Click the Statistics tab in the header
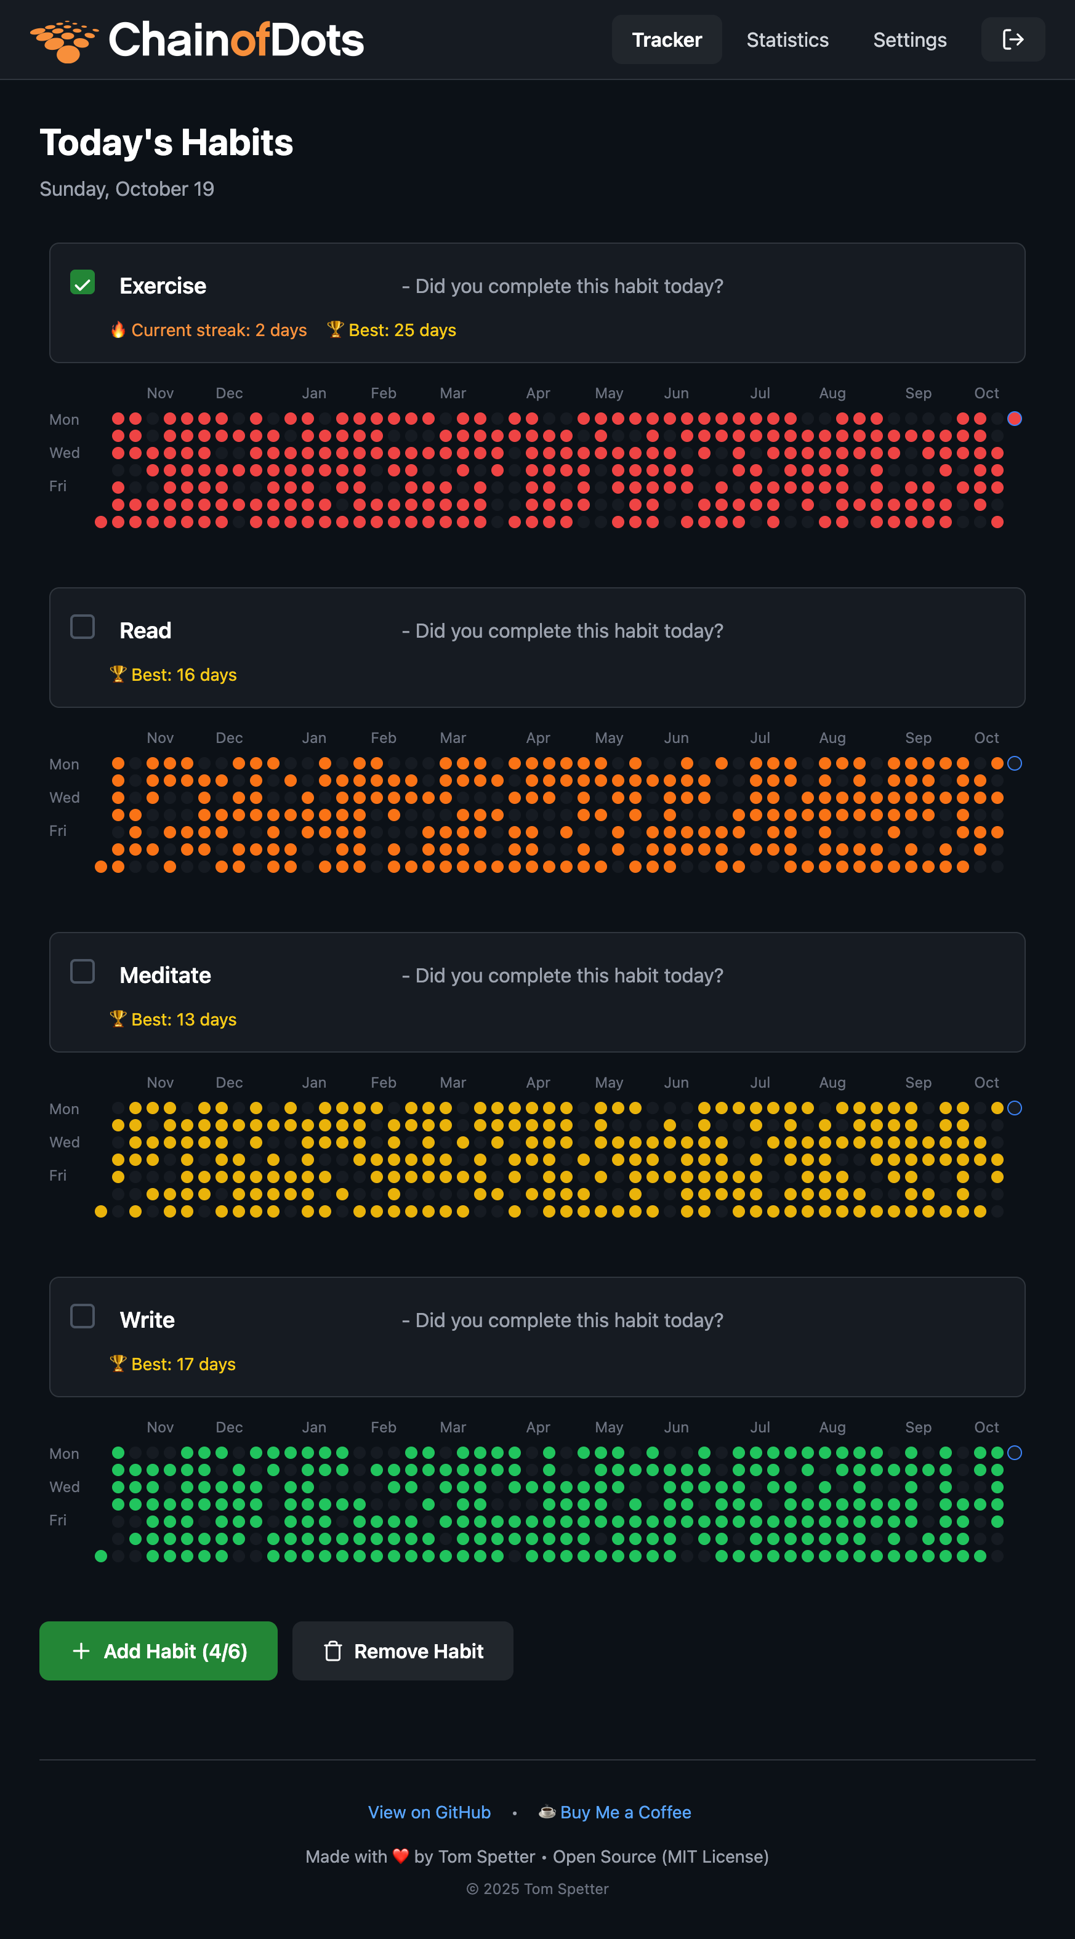[x=787, y=40]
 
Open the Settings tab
[x=909, y=40]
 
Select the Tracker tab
[x=666, y=40]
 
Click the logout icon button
[x=1013, y=39]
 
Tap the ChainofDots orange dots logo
[x=64, y=41]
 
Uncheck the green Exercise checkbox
[x=82, y=283]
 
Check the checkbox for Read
[x=82, y=627]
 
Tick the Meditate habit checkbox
[x=82, y=972]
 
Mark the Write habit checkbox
[x=82, y=1317]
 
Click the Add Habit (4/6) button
[x=158, y=1651]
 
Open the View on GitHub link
[x=429, y=1813]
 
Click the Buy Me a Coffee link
[x=625, y=1813]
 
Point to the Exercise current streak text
[x=219, y=331]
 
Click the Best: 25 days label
[x=402, y=331]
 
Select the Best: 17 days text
[x=183, y=1365]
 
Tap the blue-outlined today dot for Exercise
[x=1015, y=419]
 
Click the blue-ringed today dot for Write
[x=1015, y=1453]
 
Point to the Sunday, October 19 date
[x=126, y=189]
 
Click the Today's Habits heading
[x=166, y=142]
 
